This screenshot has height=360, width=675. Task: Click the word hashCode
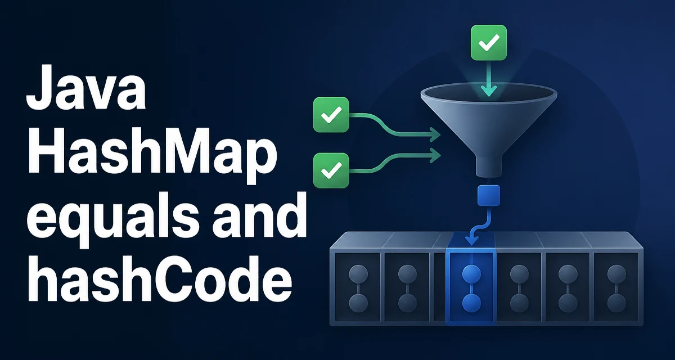point(160,278)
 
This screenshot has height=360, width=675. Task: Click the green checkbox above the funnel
point(488,43)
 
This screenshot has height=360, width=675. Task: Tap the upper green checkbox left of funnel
point(331,115)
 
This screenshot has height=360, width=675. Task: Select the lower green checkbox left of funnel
point(331,170)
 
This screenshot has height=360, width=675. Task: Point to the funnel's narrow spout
point(488,166)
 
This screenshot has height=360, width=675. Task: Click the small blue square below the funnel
point(488,196)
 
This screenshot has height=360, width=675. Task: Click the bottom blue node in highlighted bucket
point(471,303)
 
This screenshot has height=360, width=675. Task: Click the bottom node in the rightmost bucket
point(616,303)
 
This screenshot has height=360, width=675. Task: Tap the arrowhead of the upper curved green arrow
point(435,134)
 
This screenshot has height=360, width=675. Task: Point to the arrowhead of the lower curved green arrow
point(435,155)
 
